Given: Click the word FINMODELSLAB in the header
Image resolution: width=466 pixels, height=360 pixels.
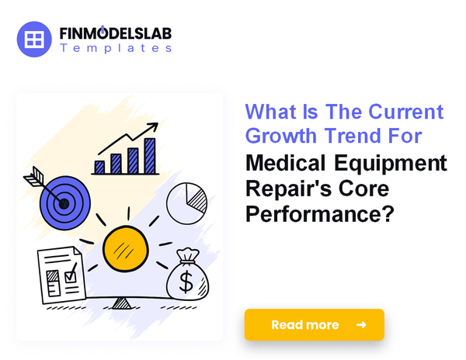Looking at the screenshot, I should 116,34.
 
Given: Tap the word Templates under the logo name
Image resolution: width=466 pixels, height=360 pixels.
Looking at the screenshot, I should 116,48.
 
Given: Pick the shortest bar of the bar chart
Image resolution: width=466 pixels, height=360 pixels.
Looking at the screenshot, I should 99,166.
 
